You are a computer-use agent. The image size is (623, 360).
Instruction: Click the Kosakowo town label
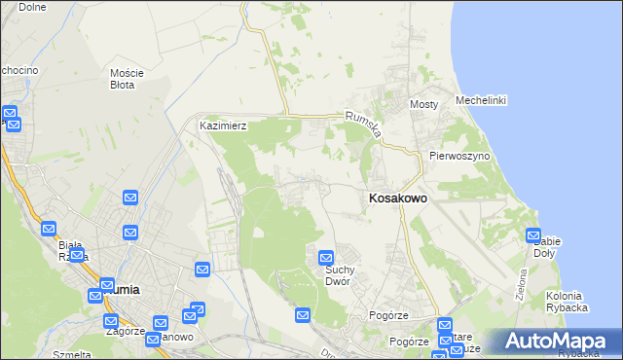397,198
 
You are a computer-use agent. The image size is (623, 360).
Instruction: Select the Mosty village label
424,104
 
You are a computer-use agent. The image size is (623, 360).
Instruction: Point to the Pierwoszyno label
458,156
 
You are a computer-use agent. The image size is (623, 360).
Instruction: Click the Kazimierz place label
223,126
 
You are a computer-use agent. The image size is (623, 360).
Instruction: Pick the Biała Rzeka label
73,251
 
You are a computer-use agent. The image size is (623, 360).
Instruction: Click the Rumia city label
121,289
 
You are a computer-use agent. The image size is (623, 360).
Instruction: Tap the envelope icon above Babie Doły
533,234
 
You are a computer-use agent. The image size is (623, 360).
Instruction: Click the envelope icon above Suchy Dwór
326,258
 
